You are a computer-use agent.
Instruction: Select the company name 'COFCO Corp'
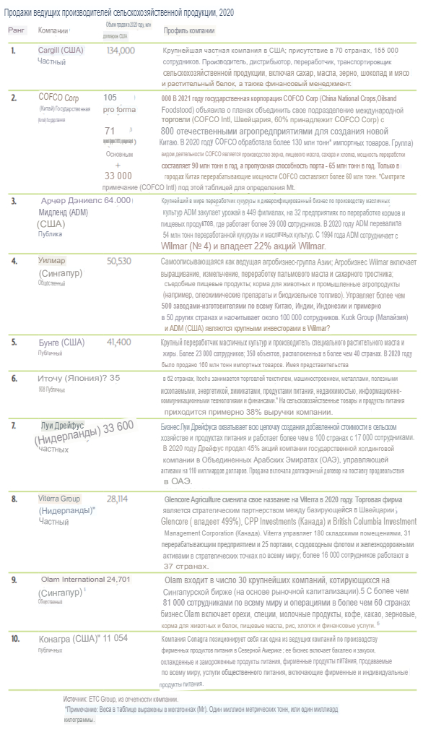tap(58, 97)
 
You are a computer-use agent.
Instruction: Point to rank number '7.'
tap(13, 426)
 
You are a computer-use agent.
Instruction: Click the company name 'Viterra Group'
tap(59, 499)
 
